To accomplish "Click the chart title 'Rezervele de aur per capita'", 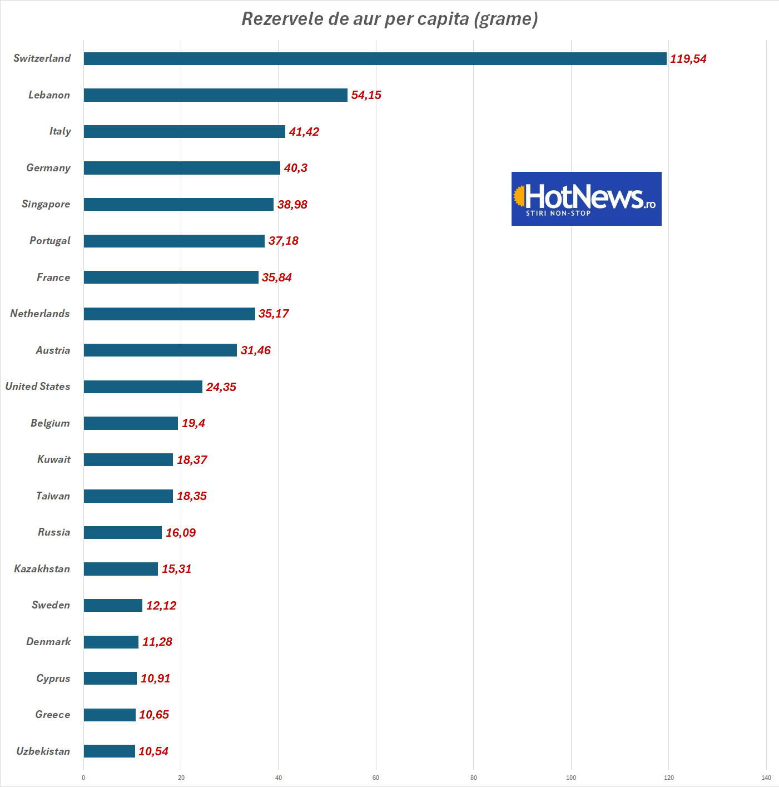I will (389, 19).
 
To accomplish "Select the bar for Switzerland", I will (375, 58).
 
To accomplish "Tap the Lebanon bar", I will (215, 95).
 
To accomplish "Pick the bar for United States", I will (143, 387).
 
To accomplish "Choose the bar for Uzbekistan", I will (109, 751).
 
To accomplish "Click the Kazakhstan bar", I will (121, 569).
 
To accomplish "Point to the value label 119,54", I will (688, 59).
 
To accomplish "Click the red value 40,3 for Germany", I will (295, 168).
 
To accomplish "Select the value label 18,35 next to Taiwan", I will (191, 496).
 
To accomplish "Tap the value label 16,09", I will (180, 533).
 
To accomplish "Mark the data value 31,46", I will (255, 350).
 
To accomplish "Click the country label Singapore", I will (46, 204).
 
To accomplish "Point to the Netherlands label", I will (40, 314).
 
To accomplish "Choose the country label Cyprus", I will (53, 679).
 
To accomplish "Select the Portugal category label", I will (49, 241).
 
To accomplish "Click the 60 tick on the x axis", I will (376, 778).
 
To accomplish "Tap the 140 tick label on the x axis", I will (766, 778).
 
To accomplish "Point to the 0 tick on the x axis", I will (83, 778).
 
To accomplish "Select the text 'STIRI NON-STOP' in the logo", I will (558, 213).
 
